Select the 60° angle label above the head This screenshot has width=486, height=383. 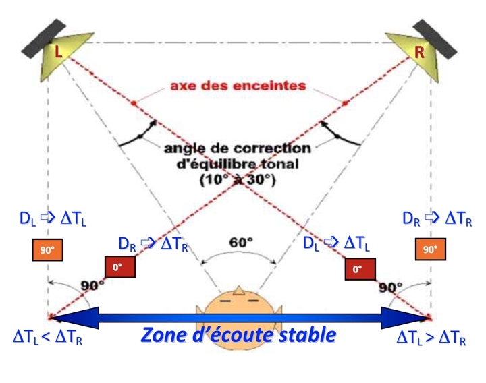[241, 241]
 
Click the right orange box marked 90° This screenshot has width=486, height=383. [430, 250]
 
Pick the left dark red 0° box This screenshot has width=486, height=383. [120, 267]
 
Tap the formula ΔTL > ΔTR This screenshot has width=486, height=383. [431, 338]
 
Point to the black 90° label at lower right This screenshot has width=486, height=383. [390, 286]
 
